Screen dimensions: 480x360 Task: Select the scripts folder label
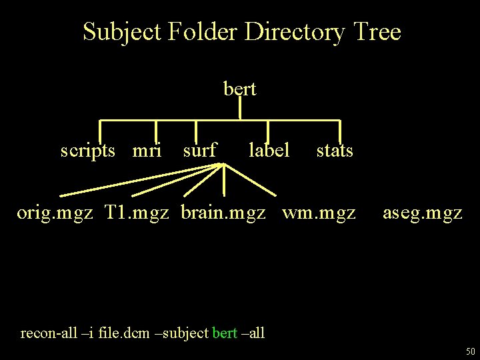[x=93, y=151]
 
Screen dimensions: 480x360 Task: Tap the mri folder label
[x=147, y=151]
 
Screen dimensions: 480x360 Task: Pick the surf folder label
[x=199, y=151]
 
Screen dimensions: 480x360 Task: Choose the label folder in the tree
[x=269, y=151]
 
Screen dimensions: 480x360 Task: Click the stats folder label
[x=335, y=151]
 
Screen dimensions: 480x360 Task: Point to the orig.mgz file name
[x=55, y=213]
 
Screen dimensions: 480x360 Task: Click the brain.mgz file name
[x=224, y=213]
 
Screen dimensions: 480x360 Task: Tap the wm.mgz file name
[x=319, y=213]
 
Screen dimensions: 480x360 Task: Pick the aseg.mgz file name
[x=423, y=213]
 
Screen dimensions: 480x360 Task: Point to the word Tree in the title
[x=377, y=31]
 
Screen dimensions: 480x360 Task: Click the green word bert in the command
[x=224, y=332]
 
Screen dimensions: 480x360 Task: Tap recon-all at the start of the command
[x=47, y=332]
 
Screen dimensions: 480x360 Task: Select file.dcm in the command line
[x=125, y=332]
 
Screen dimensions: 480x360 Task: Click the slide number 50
[x=470, y=351]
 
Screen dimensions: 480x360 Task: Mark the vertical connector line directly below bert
[x=240, y=108]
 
